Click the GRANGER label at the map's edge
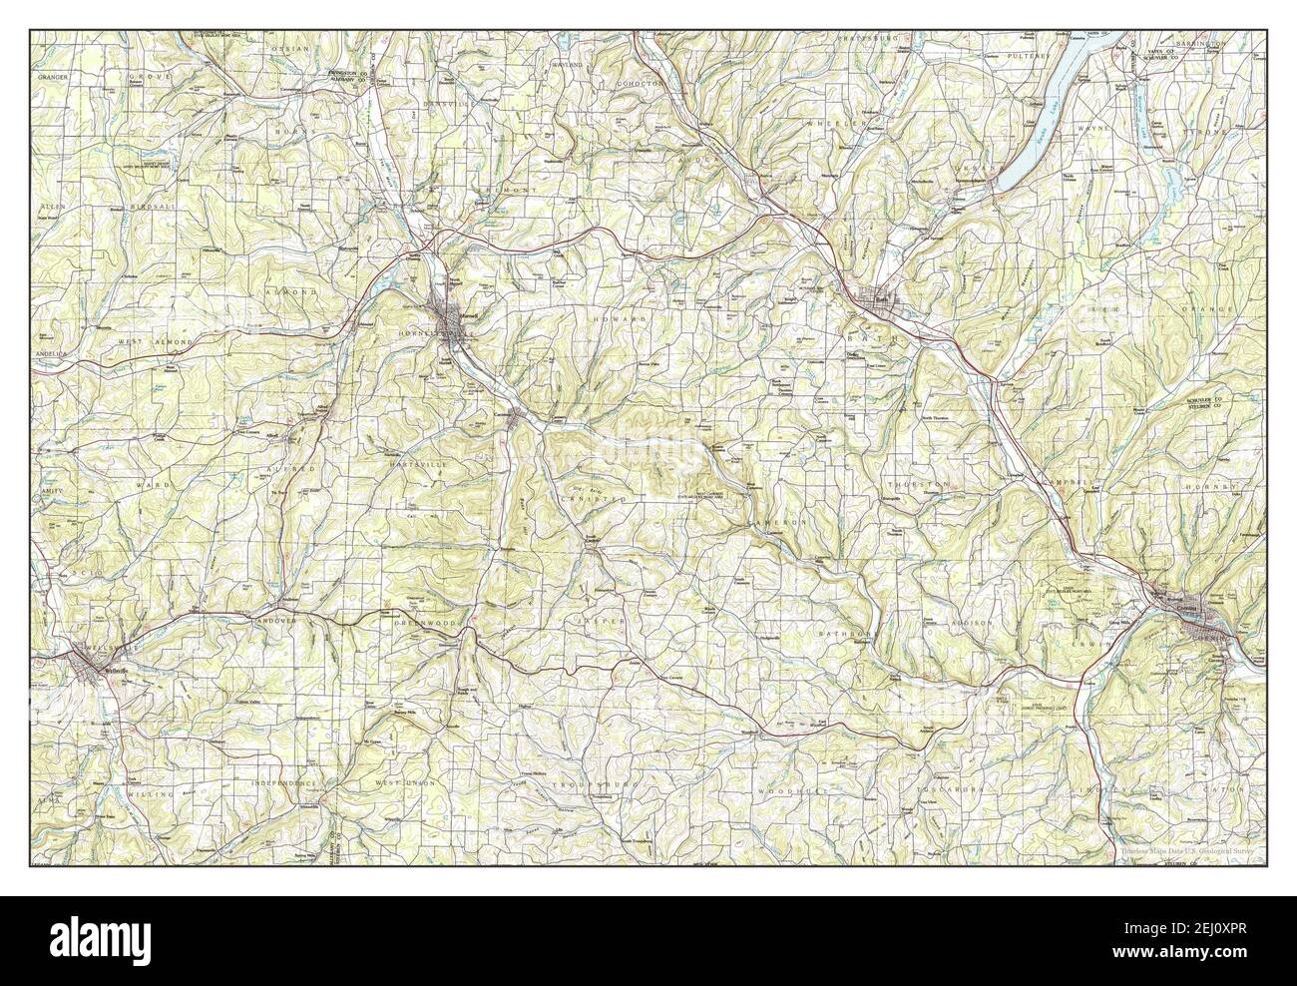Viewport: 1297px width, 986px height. click(x=52, y=76)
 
